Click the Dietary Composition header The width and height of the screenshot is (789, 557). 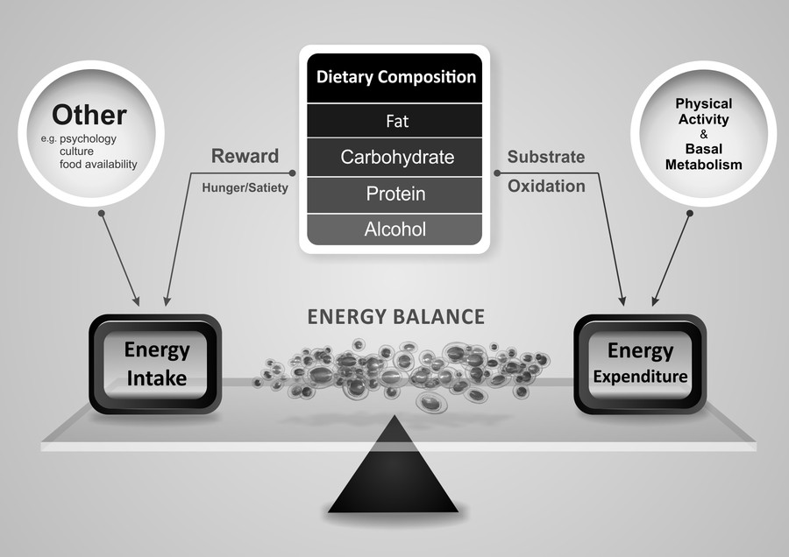click(x=394, y=77)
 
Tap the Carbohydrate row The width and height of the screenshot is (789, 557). click(x=394, y=158)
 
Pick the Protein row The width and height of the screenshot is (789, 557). click(x=394, y=194)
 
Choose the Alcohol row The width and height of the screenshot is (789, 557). click(x=394, y=229)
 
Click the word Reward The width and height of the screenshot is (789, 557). click(x=245, y=157)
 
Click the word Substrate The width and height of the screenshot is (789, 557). click(x=545, y=158)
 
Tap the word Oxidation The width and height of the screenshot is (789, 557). click(x=545, y=186)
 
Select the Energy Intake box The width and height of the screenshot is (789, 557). click(x=156, y=364)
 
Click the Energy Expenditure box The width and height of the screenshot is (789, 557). click(x=641, y=364)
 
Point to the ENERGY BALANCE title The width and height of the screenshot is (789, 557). click(x=395, y=317)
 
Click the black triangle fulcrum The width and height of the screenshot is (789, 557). click(x=394, y=473)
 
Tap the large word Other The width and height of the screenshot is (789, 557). click(x=89, y=115)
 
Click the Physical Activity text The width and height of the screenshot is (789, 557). click(x=703, y=111)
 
